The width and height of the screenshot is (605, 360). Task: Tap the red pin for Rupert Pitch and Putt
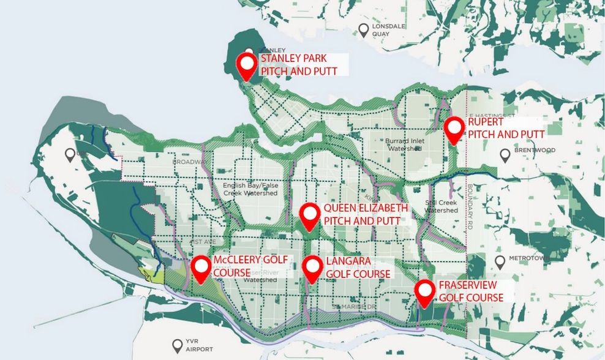click(454, 129)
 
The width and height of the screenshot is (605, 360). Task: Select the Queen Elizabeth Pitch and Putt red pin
click(310, 215)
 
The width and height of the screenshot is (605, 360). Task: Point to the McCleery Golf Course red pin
click(200, 268)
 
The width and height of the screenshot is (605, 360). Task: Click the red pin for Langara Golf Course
click(312, 268)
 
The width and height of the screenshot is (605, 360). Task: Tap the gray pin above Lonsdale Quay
click(364, 28)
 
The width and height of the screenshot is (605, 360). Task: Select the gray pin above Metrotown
click(500, 262)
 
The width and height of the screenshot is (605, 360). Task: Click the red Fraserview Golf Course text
click(471, 291)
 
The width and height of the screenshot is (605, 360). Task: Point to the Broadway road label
click(186, 162)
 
